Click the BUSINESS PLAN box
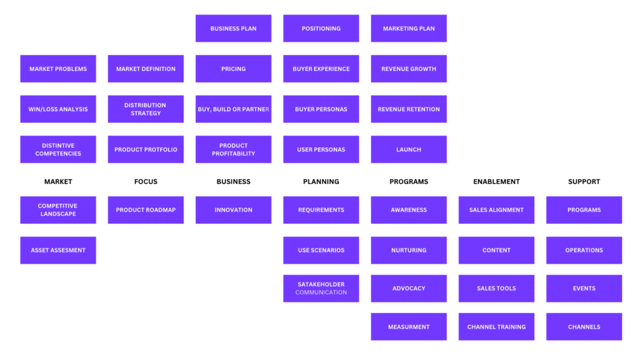tap(233, 29)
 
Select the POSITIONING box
tap(321, 29)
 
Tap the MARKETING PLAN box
tap(409, 29)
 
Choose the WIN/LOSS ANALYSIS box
tap(58, 109)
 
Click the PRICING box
tap(233, 69)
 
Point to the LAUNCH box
tap(409, 150)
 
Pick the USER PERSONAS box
tap(321, 150)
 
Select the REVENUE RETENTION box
tap(409, 109)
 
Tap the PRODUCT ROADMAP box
tap(146, 210)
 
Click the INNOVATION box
tap(233, 210)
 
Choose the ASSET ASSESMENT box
tap(58, 250)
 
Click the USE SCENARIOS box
tap(321, 250)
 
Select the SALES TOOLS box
tap(496, 288)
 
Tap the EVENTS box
tap(584, 288)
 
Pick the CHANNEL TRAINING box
tap(496, 326)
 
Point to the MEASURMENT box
tap(409, 326)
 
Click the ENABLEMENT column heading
tap(496, 182)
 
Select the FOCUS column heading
tap(146, 182)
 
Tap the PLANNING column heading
tap(321, 182)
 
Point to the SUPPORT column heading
tap(584, 182)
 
